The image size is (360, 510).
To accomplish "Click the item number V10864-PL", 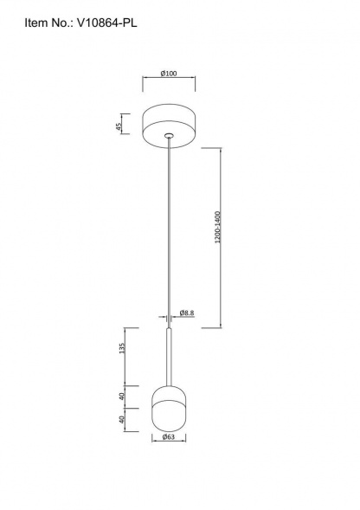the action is (106, 23).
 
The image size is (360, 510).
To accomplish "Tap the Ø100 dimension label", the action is (169, 74).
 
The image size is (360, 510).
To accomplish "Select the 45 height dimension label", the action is (119, 126).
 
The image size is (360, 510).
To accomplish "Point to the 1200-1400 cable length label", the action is (217, 228).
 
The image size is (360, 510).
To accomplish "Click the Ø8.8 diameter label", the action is (187, 313).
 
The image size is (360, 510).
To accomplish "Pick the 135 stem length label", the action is (122, 348).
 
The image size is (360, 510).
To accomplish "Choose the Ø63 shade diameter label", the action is (169, 436).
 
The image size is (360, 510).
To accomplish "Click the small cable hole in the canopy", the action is (169, 135).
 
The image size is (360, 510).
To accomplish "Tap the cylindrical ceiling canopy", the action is (169, 126).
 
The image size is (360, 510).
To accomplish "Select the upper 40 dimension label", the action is (121, 397).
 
